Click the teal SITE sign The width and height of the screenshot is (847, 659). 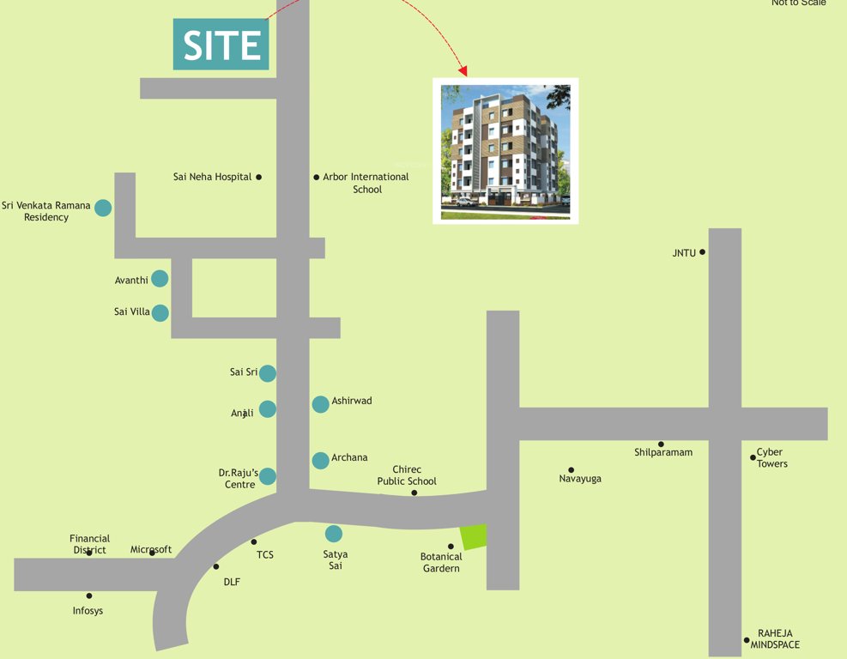tap(221, 45)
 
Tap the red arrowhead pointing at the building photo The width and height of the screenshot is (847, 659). tap(463, 70)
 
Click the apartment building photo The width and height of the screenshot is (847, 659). tap(505, 150)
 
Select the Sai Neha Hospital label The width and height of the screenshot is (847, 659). tap(213, 177)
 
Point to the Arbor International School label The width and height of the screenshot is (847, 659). tap(366, 183)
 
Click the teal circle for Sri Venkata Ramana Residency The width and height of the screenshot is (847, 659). tap(103, 208)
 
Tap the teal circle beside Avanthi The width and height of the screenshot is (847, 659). tap(160, 279)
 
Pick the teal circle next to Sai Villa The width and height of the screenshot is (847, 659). tap(160, 313)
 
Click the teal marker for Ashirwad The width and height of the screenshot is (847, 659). tap(320, 404)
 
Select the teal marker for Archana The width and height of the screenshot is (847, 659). tap(320, 460)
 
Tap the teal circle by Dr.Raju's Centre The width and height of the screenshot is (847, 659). tap(268, 476)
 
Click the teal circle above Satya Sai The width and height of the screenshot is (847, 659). tap(334, 534)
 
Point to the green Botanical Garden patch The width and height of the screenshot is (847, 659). tap(474, 537)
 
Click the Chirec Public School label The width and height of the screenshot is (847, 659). tap(407, 475)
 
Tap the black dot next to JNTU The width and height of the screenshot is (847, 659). tap(702, 252)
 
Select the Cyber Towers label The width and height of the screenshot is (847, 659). tap(771, 458)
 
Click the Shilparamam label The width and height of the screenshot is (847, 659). tap(663, 452)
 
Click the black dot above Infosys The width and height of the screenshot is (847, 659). tap(89, 596)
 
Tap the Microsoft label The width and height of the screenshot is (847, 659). tap(151, 549)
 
